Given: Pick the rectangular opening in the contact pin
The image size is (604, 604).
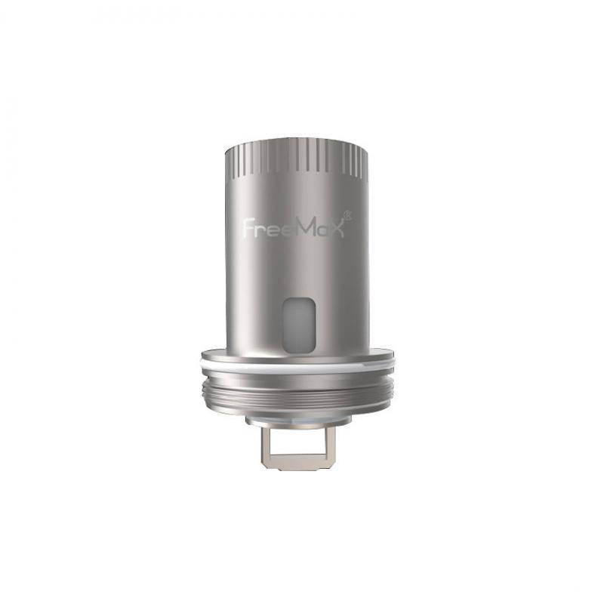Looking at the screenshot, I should [x=301, y=446].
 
